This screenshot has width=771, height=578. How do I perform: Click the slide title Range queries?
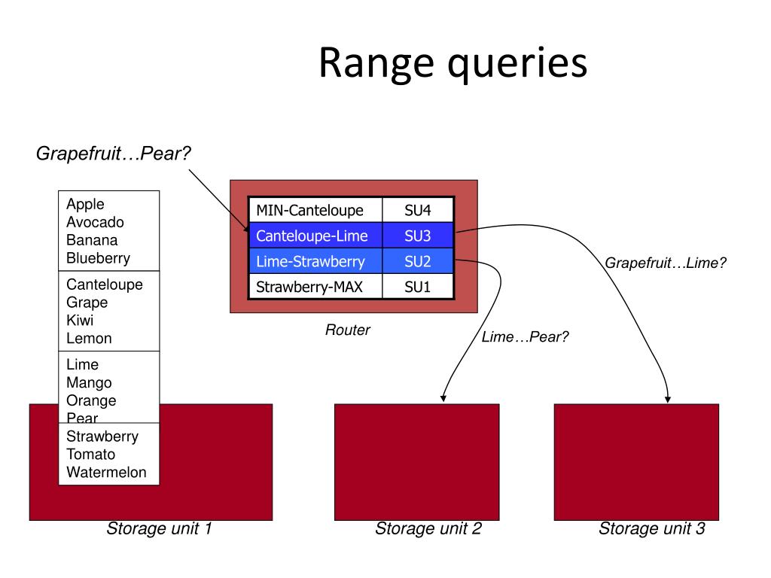(453, 63)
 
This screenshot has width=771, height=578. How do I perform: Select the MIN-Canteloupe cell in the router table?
(315, 211)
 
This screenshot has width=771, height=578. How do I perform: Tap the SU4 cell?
(417, 211)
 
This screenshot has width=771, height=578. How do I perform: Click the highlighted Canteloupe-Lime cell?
(315, 236)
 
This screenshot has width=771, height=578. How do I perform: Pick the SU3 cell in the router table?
(417, 236)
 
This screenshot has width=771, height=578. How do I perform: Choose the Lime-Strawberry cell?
(315, 261)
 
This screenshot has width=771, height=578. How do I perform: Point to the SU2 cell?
(417, 261)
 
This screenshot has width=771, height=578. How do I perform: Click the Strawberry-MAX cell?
(315, 287)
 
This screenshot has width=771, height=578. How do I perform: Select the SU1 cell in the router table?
(417, 287)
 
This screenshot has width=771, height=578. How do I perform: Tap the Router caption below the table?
(348, 330)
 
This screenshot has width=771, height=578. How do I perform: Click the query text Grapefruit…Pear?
(113, 154)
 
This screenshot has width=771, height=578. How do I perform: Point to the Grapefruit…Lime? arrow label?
(666, 263)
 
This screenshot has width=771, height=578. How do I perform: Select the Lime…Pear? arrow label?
(525, 336)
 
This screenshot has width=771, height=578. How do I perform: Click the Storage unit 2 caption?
(428, 528)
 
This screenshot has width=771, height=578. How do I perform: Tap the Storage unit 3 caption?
(652, 528)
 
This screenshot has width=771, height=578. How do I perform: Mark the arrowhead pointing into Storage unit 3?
(668, 400)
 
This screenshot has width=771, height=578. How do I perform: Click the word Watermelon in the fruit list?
(106, 473)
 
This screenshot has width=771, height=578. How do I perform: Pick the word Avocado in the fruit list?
(95, 222)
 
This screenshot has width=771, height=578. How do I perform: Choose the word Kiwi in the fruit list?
(80, 321)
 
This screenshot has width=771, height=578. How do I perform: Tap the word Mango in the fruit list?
(89, 382)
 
